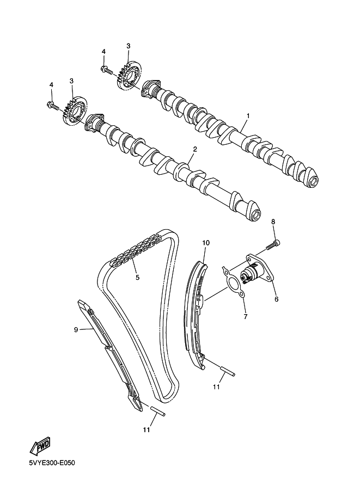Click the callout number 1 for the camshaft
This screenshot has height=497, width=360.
[248, 116]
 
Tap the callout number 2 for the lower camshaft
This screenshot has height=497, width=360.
[195, 149]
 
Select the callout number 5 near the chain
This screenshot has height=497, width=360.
[137, 277]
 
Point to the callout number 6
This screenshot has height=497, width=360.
[276, 299]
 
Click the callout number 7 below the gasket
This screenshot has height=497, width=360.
[245, 316]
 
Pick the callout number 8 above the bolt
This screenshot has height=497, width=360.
[273, 222]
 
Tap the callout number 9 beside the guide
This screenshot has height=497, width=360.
[76, 330]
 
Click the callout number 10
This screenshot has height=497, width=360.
[206, 243]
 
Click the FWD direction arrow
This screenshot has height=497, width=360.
[40, 446]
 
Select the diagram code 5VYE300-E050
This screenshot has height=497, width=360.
[52, 463]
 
